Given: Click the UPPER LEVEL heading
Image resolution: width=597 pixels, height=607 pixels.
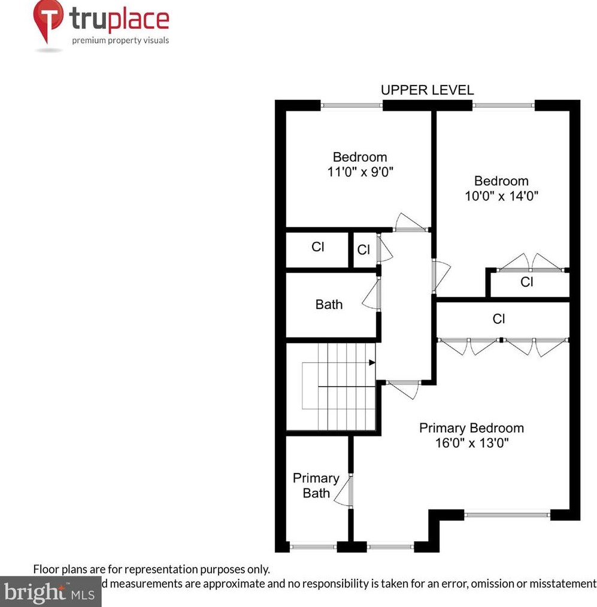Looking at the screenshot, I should coord(427,90).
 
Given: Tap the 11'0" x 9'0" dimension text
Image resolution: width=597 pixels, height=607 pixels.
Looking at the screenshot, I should coord(360,172).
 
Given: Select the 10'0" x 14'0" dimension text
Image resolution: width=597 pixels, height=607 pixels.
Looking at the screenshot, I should coord(501,196).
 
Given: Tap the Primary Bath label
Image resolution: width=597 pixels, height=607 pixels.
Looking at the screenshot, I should coord(316,485).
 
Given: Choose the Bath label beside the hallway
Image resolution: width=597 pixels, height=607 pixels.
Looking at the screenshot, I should coord(329,304).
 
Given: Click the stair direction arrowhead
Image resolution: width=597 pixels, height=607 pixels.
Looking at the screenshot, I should coord(372,362).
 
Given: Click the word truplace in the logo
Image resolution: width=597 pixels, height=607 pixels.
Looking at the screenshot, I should coord(120,19).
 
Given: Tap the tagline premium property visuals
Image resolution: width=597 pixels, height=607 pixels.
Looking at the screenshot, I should coord(120,41).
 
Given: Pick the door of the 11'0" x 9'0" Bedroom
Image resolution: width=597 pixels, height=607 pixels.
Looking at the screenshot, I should coord(410,223).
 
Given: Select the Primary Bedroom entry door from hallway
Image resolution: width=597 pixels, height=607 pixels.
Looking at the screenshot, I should coord(403,388).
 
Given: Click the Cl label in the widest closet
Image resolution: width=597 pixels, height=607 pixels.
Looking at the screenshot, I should coord(498,319).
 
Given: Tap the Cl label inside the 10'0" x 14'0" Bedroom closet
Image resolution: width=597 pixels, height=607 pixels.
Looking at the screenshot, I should coord(526,281).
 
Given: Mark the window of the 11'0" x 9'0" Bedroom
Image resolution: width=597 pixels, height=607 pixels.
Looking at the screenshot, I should coord(351,105).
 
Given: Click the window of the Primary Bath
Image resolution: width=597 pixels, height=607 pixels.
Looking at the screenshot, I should coord(313,546).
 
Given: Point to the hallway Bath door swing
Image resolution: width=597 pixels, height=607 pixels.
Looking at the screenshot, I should coord(371,295).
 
